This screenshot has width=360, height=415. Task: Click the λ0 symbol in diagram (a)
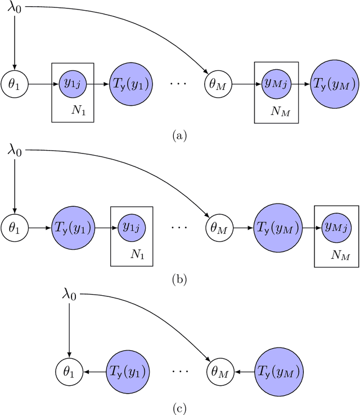[15, 10]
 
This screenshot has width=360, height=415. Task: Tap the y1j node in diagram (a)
[72, 85]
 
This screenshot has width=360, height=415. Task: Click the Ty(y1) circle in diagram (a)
[130, 85]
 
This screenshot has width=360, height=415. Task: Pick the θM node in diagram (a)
[216, 85]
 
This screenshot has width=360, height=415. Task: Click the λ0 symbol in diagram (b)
[15, 151]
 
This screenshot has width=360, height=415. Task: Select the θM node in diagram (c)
[216, 371]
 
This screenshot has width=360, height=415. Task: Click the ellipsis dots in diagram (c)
[179, 372]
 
